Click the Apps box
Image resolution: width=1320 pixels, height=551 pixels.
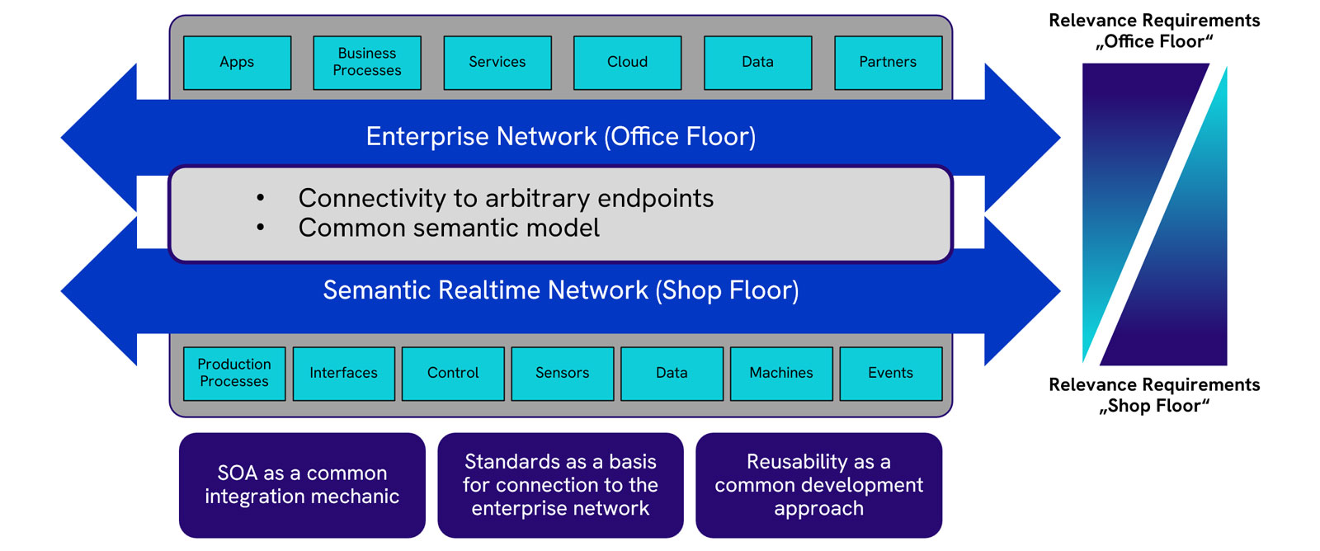point(237,63)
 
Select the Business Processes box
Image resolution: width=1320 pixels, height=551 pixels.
point(367,63)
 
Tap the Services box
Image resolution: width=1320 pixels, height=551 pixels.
point(497,63)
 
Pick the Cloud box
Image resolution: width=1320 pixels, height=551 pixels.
point(628,63)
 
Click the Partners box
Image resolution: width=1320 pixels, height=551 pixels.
point(888,63)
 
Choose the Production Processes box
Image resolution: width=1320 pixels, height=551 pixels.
point(234,374)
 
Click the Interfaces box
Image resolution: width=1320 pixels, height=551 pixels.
point(343,374)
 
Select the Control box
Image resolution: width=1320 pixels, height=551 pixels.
point(453,374)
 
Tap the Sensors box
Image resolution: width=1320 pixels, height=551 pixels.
point(563,374)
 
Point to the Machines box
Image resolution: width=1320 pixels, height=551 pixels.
point(781,374)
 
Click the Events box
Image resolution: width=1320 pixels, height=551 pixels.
point(891,374)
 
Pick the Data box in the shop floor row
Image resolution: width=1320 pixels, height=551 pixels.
point(672,374)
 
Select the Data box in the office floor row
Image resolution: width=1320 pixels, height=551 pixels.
point(758,63)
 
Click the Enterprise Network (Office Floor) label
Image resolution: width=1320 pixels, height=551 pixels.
point(561,137)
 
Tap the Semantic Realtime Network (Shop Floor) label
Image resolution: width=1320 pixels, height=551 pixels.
point(561,290)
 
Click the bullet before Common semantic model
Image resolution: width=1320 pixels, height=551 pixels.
point(261,228)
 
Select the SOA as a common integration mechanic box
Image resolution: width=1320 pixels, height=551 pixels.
point(302,485)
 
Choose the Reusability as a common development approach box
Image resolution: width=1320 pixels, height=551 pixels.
point(819,485)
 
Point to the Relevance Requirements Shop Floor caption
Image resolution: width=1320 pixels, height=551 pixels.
point(1154,395)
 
